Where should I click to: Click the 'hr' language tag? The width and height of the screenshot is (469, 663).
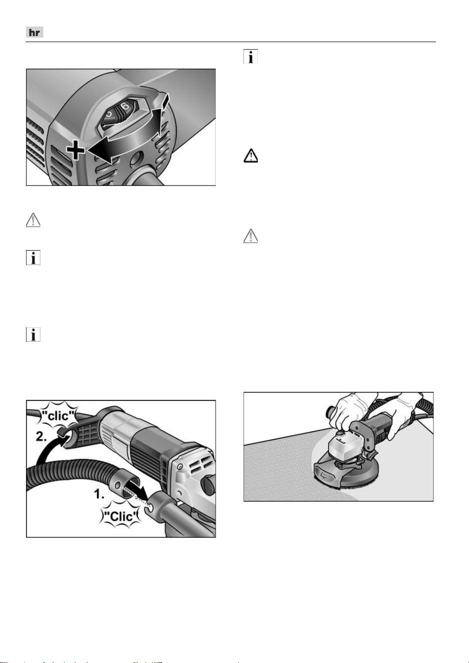pos(35,32)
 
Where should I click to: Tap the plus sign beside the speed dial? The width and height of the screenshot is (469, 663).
pos(76,150)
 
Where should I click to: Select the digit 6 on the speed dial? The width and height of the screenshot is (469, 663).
pos(126,106)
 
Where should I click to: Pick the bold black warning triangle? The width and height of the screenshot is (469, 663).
pos(250,156)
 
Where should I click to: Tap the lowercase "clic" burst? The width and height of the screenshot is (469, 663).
pos(58,416)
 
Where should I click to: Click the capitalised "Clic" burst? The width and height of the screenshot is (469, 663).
pos(120,517)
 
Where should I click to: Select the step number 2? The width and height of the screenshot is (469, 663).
pos(41,436)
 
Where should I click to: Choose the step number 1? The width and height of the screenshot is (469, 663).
pos(99,494)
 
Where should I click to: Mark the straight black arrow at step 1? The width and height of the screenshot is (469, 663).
pos(140,492)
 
